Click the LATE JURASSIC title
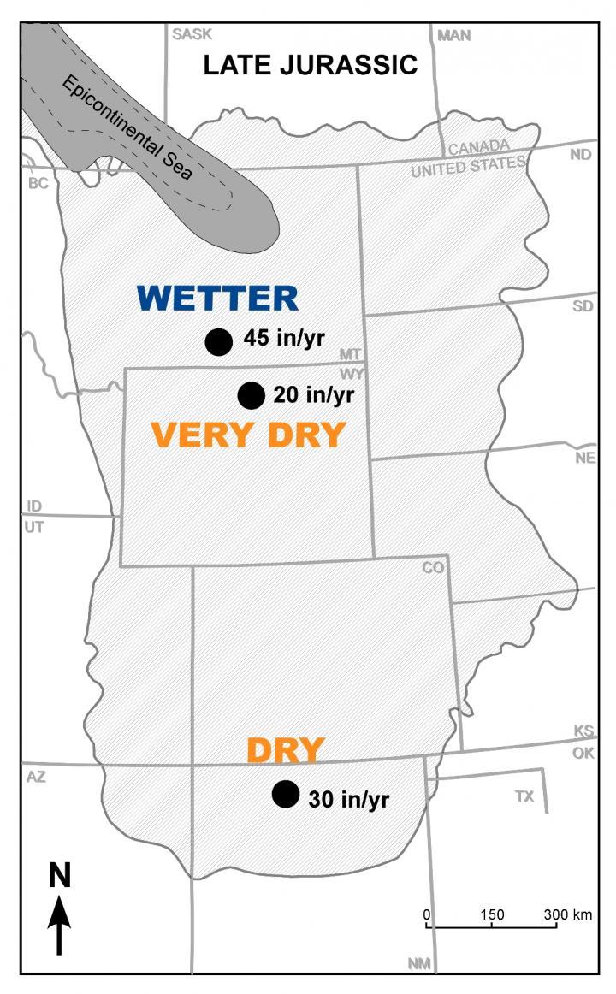coord(310,66)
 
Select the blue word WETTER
coord(217,299)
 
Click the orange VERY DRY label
coord(247,435)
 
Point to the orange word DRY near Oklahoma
coord(285,751)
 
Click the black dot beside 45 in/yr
coord(219,341)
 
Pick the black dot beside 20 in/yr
coord(251,394)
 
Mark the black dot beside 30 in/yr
coord(285,794)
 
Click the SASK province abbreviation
coord(191,34)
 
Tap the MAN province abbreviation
coord(453,35)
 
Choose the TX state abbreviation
coord(524,796)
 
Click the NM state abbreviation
coord(419,963)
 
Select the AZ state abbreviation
coord(35,777)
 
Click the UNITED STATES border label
coord(467,166)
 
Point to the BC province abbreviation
coord(38,183)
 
